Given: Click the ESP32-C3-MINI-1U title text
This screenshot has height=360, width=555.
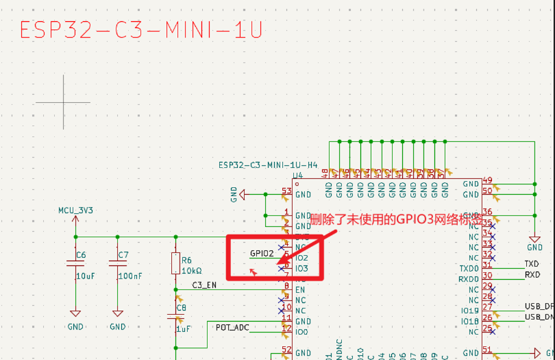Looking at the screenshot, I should (141, 31).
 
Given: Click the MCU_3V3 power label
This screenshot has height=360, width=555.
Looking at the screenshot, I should (75, 211).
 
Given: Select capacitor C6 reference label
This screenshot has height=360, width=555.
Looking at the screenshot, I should (81, 255).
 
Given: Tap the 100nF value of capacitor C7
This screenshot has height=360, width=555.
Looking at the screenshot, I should (129, 276).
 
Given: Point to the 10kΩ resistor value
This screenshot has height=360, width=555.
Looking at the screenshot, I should (192, 270).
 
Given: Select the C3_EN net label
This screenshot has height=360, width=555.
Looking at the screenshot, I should (204, 285).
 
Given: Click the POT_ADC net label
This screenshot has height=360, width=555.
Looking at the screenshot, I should (233, 327).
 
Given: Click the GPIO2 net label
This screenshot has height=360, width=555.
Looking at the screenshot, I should (262, 253).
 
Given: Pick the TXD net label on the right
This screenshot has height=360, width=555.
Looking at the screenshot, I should (532, 263).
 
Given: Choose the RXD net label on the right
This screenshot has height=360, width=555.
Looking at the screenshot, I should (532, 274).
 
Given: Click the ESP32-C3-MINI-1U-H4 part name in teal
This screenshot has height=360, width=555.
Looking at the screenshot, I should (268, 165).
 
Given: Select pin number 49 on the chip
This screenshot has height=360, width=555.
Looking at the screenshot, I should (487, 180).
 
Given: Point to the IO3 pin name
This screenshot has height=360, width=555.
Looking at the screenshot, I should (301, 268).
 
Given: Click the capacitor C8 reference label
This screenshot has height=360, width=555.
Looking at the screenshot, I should (181, 308).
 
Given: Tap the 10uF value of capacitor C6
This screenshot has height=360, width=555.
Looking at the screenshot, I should (86, 276).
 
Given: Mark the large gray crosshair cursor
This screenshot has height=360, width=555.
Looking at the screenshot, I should (63, 102).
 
